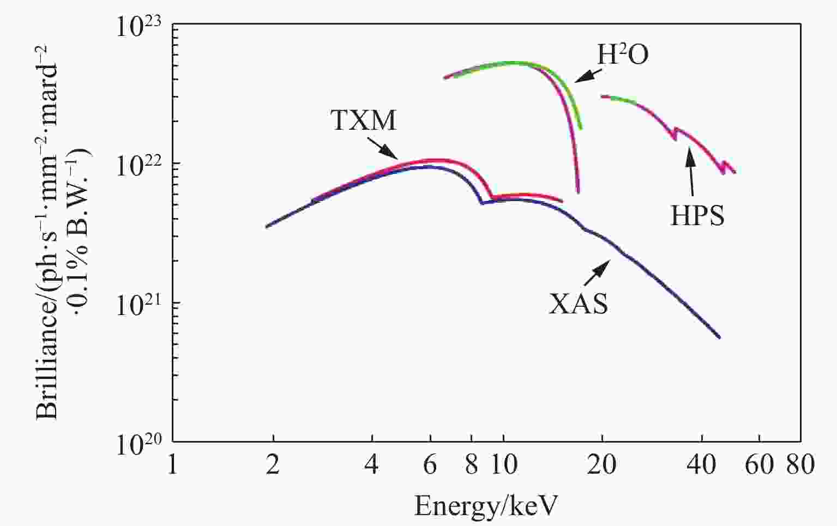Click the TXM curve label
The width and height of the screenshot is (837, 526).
(x=364, y=120)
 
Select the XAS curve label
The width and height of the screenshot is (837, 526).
(x=578, y=304)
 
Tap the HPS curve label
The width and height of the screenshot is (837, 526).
(x=697, y=216)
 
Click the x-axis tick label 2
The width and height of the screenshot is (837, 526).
(x=272, y=465)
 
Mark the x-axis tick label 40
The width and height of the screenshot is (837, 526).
(x=701, y=465)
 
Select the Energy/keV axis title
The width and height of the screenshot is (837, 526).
(x=486, y=506)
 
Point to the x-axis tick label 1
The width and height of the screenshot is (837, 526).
(x=172, y=465)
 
